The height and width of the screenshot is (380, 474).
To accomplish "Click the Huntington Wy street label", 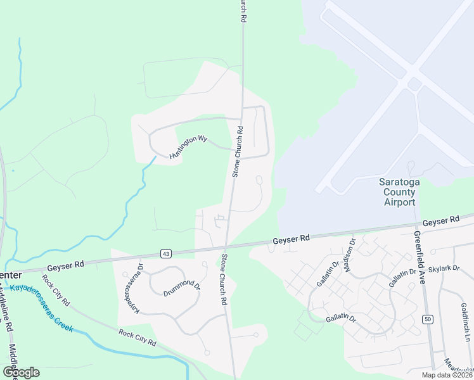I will point(188,148).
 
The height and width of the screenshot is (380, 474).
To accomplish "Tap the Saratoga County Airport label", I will point(397,192).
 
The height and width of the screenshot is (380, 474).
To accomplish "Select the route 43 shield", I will point(166,253).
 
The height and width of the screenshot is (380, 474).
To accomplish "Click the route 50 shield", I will point(428,319).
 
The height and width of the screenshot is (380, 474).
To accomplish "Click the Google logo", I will point(21,372).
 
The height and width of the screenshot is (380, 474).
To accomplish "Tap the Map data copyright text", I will point(447,375).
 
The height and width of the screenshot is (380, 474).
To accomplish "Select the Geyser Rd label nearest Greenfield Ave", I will point(440,221).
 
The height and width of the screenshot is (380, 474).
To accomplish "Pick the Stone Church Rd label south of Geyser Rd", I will point(224,279).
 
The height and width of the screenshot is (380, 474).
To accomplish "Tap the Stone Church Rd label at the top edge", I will point(242,11).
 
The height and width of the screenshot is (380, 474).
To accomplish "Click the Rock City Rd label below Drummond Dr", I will point(137,337).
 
